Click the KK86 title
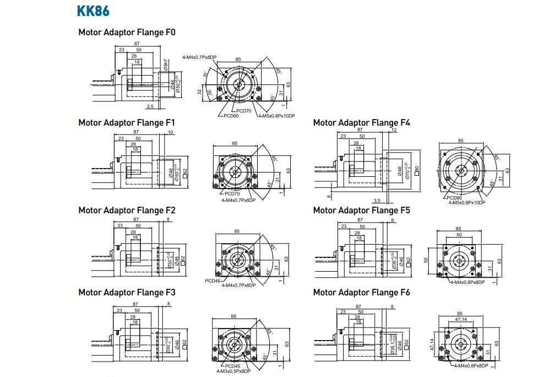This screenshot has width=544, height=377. coord(93,11)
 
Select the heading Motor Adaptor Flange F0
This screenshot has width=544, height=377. coord(127,32)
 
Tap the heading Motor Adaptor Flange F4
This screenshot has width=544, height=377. coord(361,122)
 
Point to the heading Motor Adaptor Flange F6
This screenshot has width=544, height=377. coord(361,292)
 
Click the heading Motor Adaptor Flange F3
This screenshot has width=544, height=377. coord(127,292)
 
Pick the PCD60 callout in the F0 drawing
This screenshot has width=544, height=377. coord(231,116)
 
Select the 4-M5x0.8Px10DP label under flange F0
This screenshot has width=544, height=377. coord(276,116)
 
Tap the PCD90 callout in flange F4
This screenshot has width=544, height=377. coord(454,198)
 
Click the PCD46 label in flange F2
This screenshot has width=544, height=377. coord(213,281)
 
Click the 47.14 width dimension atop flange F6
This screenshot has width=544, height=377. coord(461,319)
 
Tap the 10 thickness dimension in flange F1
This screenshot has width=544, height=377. coord(170,132)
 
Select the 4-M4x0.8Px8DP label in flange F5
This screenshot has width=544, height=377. coord(467,282)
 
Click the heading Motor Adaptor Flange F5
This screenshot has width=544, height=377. coord(361,210)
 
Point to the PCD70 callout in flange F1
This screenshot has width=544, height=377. coord(232,193)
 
